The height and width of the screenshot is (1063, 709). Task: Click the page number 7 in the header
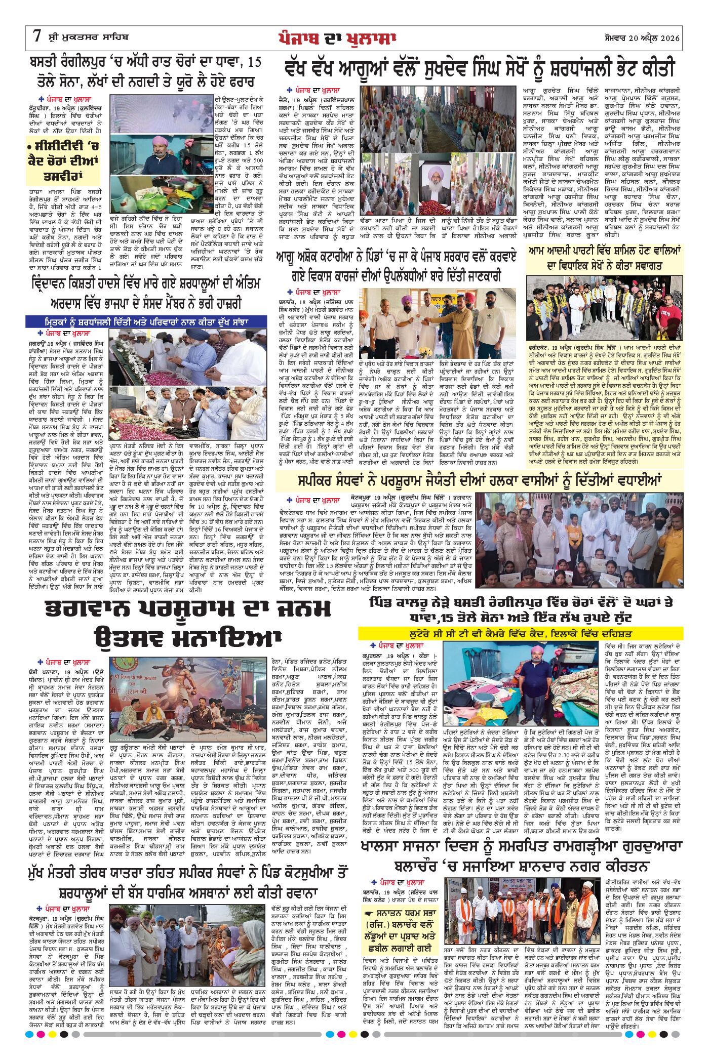click(x=36, y=37)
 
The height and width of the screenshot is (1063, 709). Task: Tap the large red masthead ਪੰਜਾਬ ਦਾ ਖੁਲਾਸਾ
click(x=336, y=38)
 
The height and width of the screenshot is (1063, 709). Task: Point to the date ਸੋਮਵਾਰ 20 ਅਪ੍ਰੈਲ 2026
click(x=643, y=38)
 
